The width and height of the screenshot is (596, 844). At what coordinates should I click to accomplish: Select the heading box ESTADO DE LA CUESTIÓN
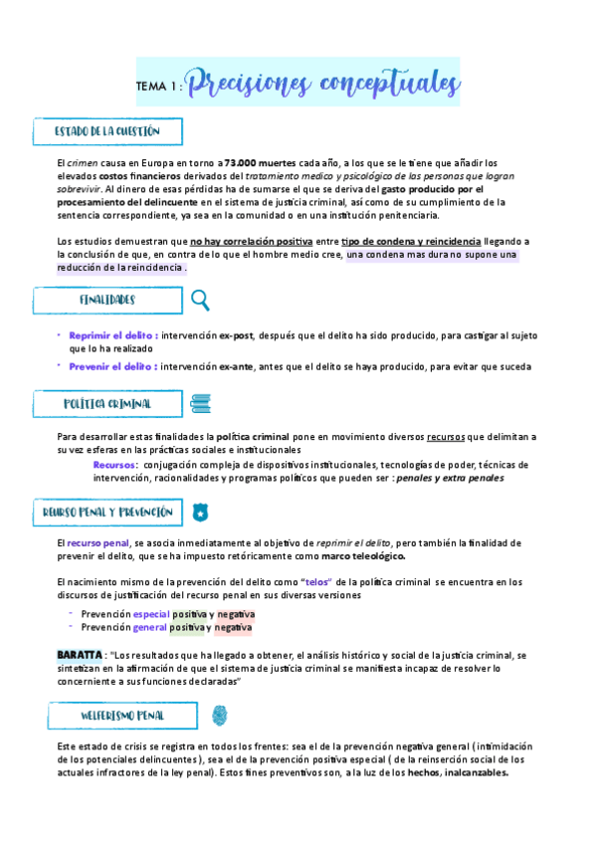click(107, 131)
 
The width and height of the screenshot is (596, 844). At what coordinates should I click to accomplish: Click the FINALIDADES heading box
click(107, 300)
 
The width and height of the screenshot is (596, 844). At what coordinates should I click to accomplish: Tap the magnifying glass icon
click(200, 300)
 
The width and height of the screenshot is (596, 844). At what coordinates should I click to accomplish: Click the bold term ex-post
click(239, 336)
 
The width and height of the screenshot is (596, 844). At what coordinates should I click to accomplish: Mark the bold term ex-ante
click(237, 366)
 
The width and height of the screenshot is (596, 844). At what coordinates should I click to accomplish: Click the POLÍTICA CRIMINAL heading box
click(107, 404)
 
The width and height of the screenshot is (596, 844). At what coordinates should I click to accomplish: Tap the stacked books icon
click(200, 404)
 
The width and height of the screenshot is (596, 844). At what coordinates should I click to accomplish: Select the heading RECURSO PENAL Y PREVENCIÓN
click(107, 513)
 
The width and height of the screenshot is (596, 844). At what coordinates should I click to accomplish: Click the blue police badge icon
click(201, 514)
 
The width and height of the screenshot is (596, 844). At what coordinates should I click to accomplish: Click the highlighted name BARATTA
click(80, 655)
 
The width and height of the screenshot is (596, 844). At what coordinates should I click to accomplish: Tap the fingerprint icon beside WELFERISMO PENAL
click(220, 716)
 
